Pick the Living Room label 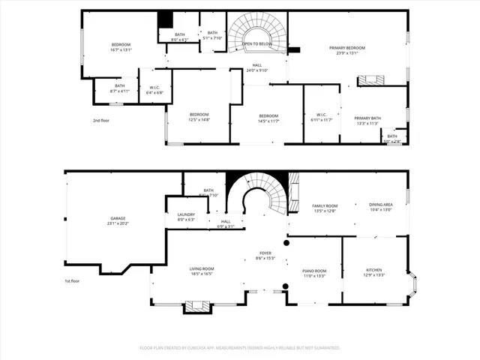[202, 271]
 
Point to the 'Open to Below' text [256, 44]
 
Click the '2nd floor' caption [101, 120]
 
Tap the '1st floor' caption [71, 281]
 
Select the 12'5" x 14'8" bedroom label [199, 118]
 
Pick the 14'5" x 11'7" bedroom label [268, 118]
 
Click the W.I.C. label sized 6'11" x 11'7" [318, 118]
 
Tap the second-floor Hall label [257, 67]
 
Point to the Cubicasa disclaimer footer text [240, 348]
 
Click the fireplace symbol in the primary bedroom [371, 80]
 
